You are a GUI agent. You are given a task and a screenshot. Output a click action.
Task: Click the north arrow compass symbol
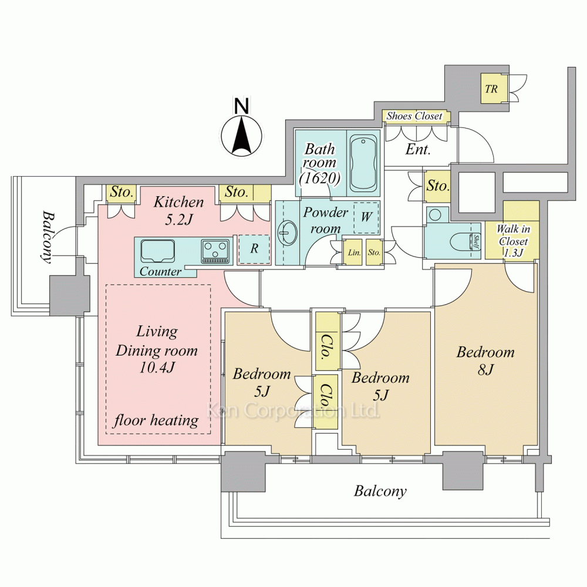coord(241,136)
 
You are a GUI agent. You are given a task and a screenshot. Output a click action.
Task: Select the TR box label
coord(491,89)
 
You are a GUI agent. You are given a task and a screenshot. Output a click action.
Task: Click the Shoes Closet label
coord(414,116)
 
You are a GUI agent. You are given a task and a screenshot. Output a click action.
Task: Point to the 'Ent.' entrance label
coord(418,150)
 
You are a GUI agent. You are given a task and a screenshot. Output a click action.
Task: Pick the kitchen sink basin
coord(157,252)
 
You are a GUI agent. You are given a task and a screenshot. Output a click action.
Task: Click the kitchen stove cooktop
coord(214,251)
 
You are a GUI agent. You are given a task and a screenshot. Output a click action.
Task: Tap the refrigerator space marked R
coord(254,249)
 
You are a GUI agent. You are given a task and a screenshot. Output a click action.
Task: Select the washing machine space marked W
coord(366,217)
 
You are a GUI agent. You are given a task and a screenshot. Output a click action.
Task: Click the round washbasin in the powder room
coord(286,234)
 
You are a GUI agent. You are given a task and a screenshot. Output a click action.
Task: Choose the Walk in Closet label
coord(512,241)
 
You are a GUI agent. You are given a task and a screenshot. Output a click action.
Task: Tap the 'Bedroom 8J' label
coord(485,360)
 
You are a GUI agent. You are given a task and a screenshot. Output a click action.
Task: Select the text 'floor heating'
coord(156,420)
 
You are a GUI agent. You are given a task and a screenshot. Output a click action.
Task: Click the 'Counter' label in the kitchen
coord(161,272)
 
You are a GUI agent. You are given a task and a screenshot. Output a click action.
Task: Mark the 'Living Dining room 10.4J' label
coord(156,350)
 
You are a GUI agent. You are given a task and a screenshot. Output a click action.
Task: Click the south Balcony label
coord(380,491)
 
